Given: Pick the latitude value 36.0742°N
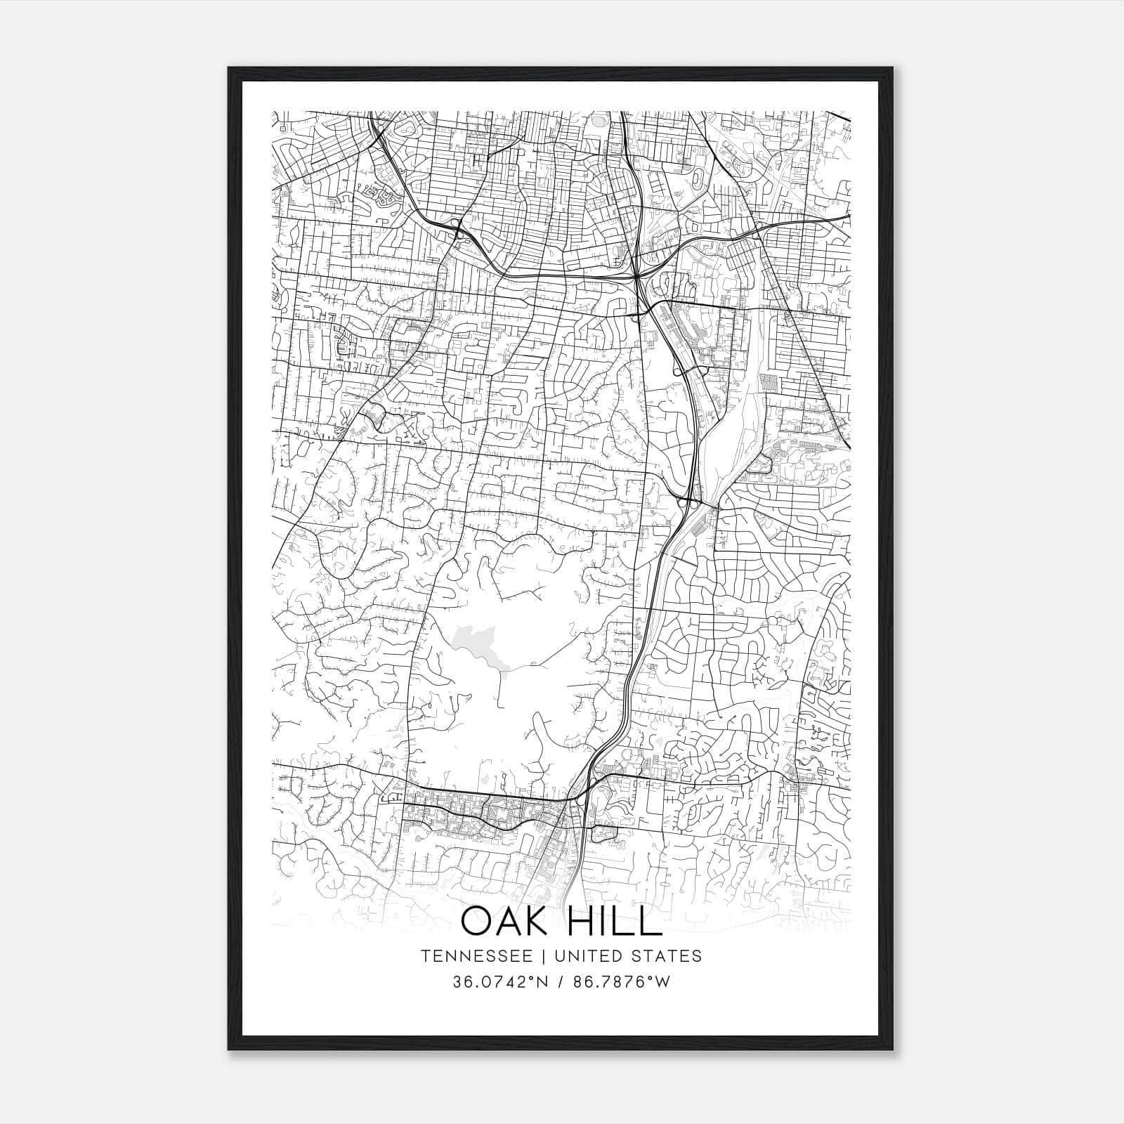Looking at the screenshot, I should coord(499,981).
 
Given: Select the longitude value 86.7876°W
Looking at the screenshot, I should coord(622,981).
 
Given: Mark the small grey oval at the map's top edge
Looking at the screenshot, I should coord(598,120).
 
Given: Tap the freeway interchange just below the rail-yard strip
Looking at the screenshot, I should coord(688,501).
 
